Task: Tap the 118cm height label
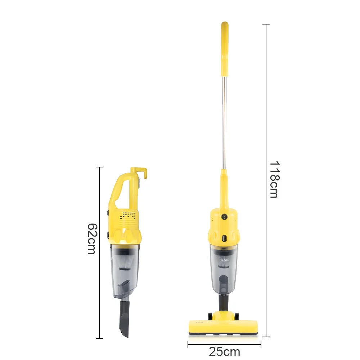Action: pos(274,179)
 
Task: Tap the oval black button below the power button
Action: pos(224,238)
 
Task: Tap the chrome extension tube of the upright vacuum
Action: pos(224,122)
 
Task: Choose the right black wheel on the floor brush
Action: pos(237,316)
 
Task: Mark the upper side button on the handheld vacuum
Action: pos(108,213)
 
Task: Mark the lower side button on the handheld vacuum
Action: pos(108,235)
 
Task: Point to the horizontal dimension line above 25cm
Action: pos(224,345)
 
